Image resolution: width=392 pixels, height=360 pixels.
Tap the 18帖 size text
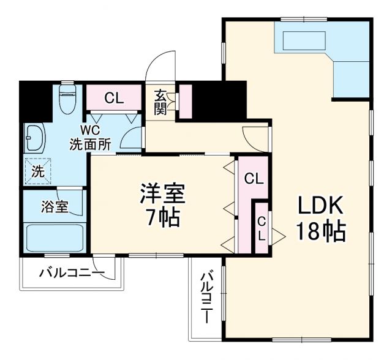(x=321, y=231)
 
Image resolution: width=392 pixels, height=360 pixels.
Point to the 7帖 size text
(x=162, y=218)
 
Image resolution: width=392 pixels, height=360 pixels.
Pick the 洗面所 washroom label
(x=90, y=145)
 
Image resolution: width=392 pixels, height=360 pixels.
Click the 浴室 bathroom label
(x=54, y=206)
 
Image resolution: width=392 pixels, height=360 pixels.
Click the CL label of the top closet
(x=114, y=97)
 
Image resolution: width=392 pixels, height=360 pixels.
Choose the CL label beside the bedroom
(x=254, y=179)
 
